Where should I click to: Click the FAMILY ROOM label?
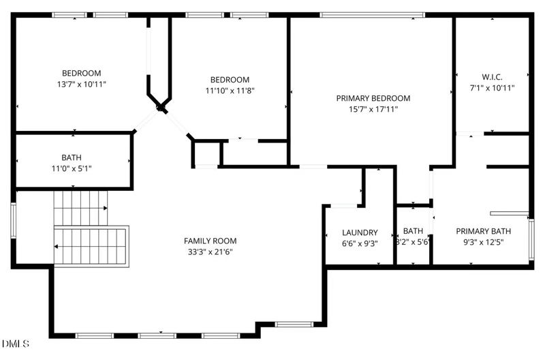210,241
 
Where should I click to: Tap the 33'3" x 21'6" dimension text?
210,252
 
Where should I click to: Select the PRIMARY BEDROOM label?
373,98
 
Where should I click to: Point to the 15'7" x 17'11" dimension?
373,109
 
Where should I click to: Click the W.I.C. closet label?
491,77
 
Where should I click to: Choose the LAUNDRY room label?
360,232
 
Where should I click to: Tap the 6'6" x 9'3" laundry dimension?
360,243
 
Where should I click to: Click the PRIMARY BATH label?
482,230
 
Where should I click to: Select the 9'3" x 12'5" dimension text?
482,241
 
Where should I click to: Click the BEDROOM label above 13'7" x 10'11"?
82,74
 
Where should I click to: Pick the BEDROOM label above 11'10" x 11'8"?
230,80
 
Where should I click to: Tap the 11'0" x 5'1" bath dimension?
72,169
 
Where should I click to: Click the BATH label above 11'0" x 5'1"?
72,158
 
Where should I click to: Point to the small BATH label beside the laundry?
413,230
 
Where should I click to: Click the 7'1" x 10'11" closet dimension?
491,88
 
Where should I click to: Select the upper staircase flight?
81,201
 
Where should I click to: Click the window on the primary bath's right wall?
531,239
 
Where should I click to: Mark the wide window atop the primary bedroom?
372,14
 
